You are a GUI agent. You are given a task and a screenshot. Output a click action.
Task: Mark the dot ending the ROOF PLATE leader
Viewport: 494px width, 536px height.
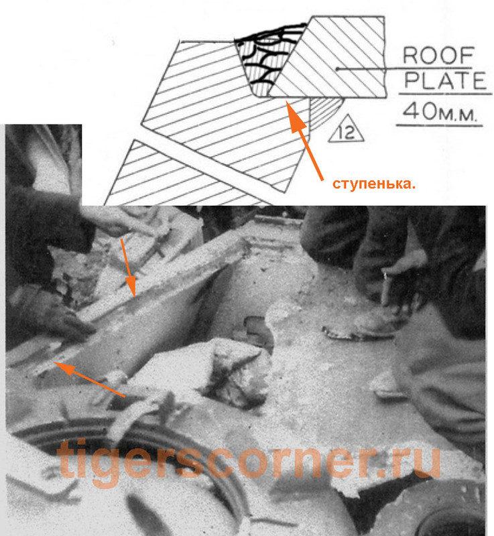coord(340,68)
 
